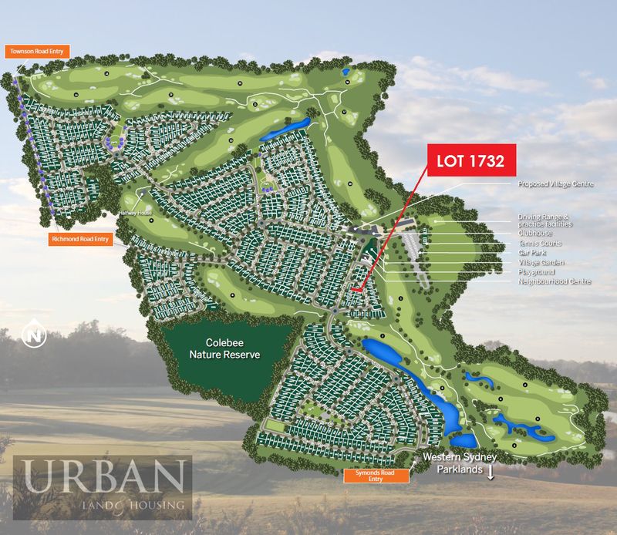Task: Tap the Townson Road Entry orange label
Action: [x=38, y=52]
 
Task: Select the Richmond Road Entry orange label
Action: [x=81, y=239]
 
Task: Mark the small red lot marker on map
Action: [x=356, y=289]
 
